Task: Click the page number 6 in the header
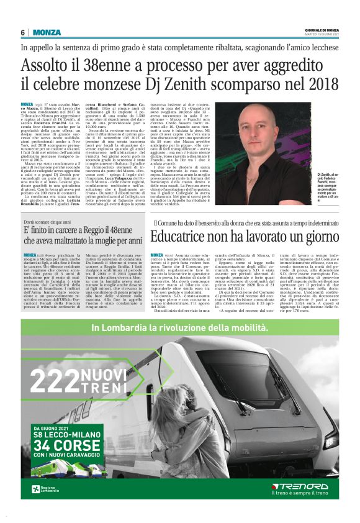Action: click(x=23, y=32)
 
